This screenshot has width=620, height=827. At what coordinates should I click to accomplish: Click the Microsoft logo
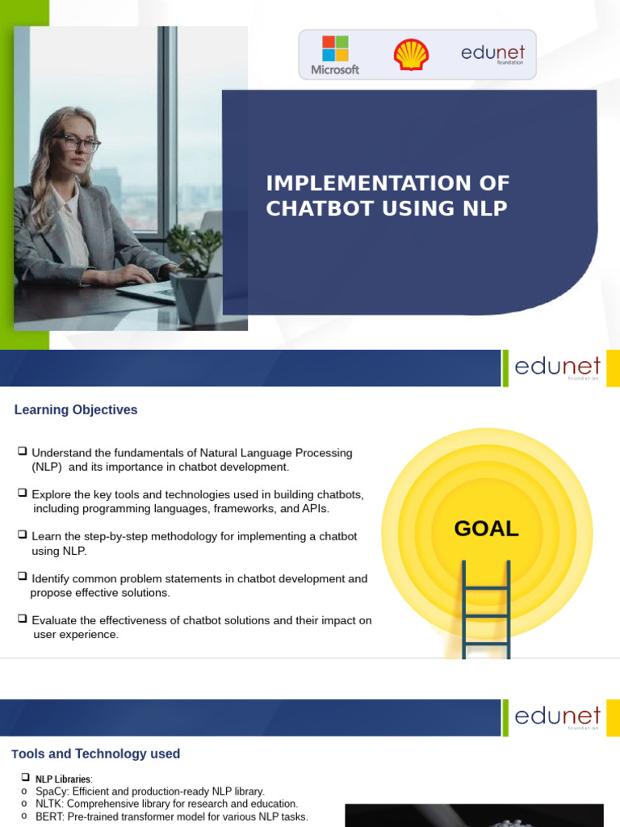335,54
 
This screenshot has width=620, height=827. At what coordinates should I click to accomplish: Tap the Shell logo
411,55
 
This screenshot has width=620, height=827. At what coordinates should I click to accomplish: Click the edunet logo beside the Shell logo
493,54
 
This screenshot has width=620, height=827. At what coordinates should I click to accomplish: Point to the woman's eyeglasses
78,144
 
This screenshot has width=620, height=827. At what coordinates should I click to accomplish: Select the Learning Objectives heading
76,410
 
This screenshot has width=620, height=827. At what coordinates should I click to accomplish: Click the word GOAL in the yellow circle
486,529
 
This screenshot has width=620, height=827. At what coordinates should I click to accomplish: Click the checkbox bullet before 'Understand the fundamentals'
23,451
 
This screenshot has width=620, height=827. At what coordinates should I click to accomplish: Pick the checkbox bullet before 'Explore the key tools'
23,493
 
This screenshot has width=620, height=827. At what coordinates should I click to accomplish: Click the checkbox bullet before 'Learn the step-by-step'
23,535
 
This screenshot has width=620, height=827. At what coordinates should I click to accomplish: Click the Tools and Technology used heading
96,754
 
